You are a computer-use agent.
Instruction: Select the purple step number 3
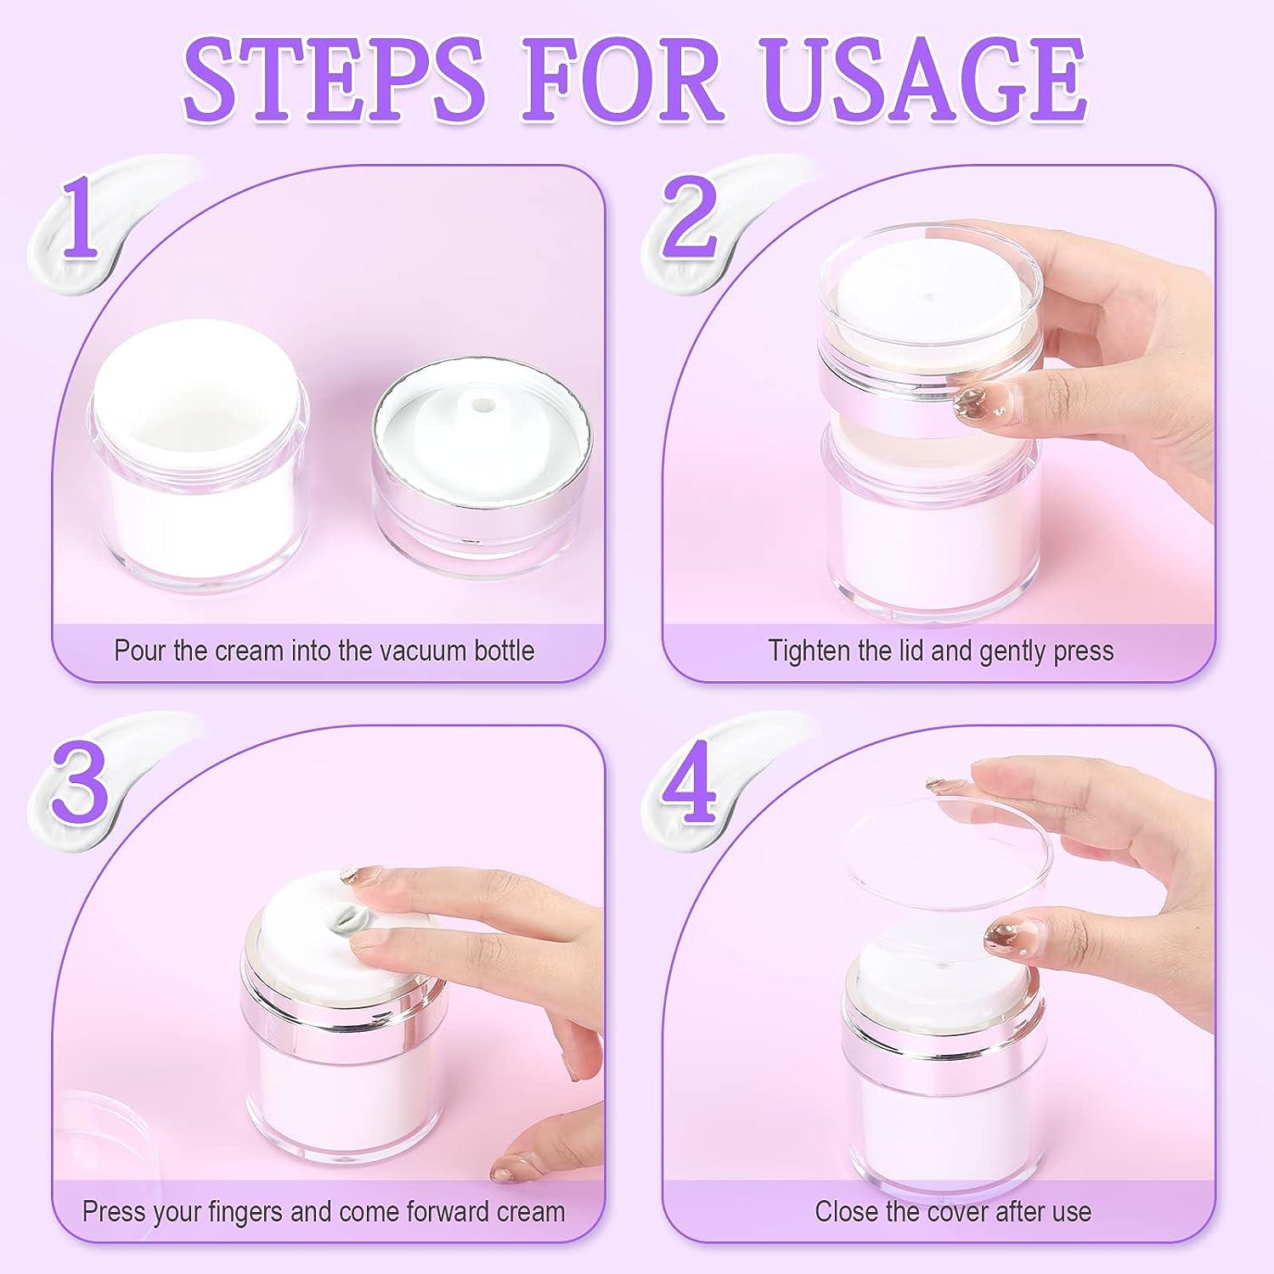[81, 779]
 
